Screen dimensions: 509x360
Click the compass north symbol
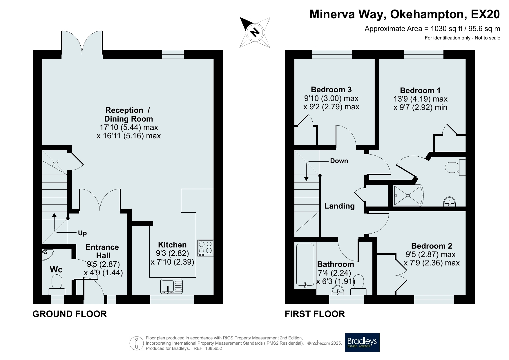255,32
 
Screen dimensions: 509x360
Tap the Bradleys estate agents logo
362,342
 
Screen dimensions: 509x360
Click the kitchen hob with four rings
206,248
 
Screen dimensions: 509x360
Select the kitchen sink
172,286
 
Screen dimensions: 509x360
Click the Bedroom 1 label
420,90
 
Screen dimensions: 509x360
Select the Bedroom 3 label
331,89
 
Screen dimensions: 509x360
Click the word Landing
339,206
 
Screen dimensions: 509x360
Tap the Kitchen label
172,245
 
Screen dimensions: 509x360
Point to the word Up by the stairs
82,233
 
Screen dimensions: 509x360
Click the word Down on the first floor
339,161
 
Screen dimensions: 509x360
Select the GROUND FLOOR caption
70,314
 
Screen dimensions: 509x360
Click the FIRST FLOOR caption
315,314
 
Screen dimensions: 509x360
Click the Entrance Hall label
102,251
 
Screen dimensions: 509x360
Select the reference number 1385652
214,348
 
